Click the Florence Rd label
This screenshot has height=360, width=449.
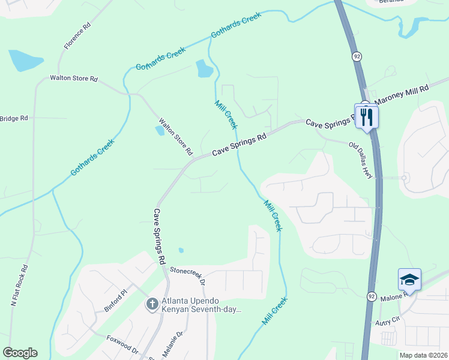[78, 35]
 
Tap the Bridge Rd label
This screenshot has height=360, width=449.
[14, 118]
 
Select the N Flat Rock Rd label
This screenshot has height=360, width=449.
[20, 286]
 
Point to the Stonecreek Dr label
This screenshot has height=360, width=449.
[187, 276]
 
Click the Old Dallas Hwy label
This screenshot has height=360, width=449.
[361, 159]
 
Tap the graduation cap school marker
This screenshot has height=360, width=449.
[409, 280]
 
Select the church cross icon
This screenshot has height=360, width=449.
[152, 304]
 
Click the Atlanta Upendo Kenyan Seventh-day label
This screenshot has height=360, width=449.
[201, 305]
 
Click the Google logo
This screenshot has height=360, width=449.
[20, 353]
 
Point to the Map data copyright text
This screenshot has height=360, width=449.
[423, 355]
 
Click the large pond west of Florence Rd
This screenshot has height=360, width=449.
[25, 60]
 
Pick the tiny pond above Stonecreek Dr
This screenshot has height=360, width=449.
[181, 250]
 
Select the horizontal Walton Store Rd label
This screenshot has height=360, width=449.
[74, 78]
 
